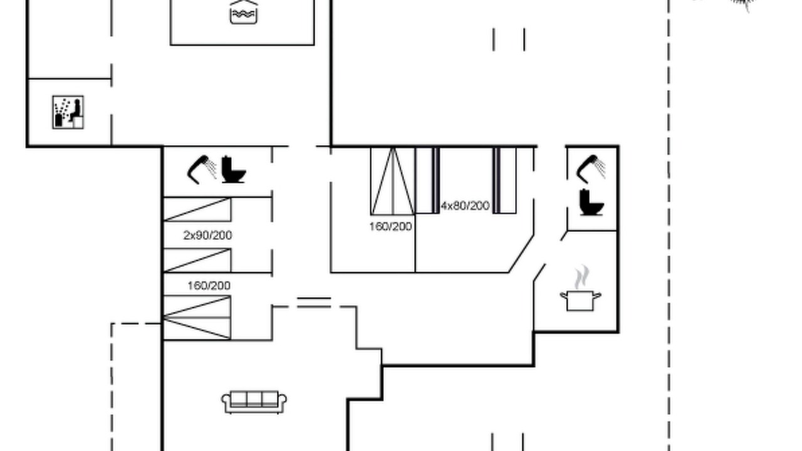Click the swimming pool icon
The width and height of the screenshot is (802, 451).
point(244,12)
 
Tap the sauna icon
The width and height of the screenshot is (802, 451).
point(68,112)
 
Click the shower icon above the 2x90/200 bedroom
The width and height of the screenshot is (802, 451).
point(202,169)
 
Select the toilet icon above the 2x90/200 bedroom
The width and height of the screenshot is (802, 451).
point(234,169)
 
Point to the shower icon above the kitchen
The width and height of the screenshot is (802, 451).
point(591,169)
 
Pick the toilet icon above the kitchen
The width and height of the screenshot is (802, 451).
point(591,202)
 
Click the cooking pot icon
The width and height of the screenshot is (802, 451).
point(580,301)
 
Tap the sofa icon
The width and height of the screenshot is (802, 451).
point(254,402)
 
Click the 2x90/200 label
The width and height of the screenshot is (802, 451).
point(207,235)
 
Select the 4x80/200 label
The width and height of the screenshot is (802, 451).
point(465,206)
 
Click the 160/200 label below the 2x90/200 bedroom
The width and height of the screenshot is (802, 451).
point(209,286)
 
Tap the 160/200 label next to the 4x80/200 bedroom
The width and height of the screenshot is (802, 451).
point(390,227)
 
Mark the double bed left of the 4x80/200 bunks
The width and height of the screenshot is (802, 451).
point(393,181)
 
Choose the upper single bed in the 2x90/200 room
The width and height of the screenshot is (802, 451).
point(197,209)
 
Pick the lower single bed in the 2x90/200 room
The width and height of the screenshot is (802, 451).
point(197,260)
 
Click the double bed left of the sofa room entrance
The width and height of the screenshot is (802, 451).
point(197,318)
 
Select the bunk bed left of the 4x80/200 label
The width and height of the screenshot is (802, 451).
point(427,180)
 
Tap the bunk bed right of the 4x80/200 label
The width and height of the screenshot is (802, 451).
point(504,180)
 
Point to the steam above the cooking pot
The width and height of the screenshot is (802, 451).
point(582,277)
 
